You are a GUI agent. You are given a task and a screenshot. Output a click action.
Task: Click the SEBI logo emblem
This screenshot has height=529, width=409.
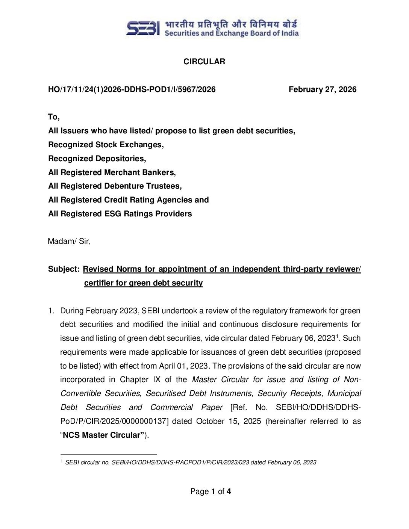pos(143,28)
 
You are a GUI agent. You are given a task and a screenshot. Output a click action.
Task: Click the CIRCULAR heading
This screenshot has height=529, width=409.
pos(204,62)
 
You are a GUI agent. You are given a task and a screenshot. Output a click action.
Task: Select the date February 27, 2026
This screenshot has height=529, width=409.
pos(322,89)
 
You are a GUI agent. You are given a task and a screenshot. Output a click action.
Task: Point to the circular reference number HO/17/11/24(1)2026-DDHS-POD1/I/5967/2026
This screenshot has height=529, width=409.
pos(132,89)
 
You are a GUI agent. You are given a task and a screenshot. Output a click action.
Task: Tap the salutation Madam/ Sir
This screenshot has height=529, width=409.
pos(69,241)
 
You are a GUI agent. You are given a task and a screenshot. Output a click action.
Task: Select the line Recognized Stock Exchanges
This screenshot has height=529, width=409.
pos(106,145)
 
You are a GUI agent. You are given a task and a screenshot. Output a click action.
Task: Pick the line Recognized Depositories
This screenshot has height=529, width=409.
pos(97,159)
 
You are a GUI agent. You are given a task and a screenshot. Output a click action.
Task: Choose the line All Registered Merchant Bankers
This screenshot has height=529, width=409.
pos(112,172)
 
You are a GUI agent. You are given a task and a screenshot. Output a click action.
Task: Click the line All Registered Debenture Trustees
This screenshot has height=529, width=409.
pos(115,186)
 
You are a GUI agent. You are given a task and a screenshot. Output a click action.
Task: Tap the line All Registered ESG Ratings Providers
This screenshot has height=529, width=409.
pos(120,214)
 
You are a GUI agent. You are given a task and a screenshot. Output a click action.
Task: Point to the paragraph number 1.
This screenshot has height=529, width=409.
pos(52,311)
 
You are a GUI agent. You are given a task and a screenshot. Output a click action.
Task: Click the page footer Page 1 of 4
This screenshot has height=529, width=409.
pos(211,491)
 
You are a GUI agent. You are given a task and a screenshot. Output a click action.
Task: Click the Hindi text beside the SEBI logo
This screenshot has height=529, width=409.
pos(231,24)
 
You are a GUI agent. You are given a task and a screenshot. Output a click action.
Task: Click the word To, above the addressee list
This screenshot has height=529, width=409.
pos(54,117)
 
